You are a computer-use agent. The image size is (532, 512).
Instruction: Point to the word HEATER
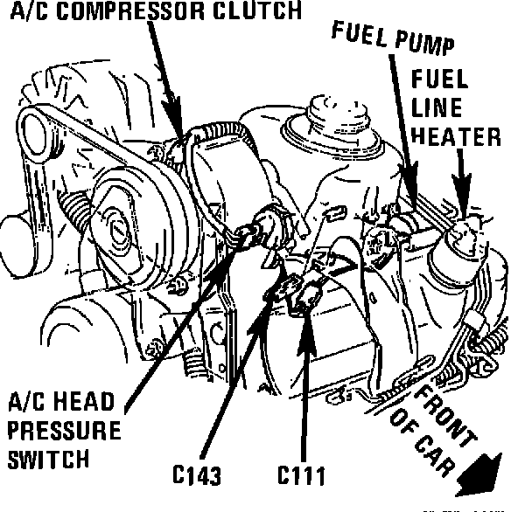point(455,137)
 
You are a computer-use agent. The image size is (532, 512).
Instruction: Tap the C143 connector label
point(196,476)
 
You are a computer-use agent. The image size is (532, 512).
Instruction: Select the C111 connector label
point(301,476)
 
